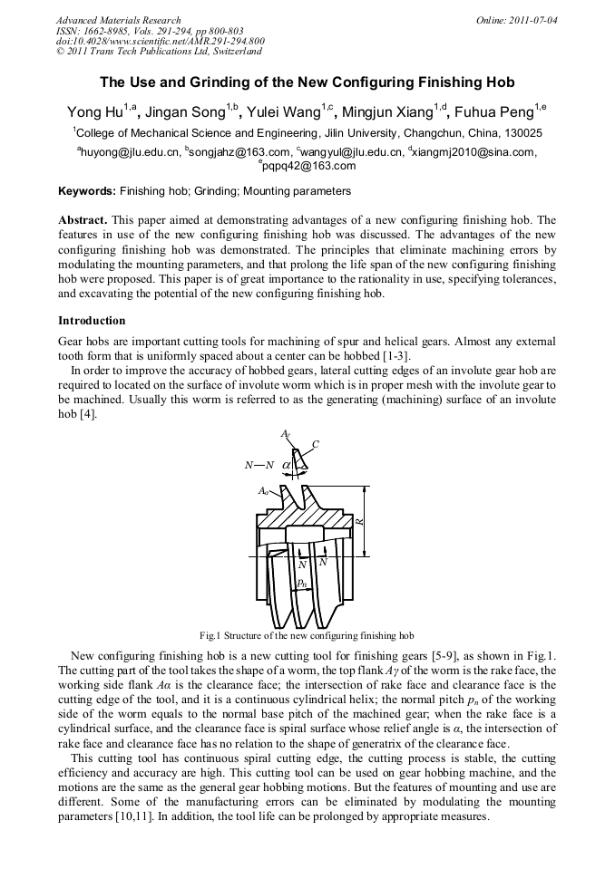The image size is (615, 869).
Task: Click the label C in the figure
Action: [x=315, y=444]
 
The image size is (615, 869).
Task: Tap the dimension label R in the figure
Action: [x=359, y=522]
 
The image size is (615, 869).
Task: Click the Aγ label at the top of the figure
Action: [x=286, y=435]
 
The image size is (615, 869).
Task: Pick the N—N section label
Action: [x=259, y=465]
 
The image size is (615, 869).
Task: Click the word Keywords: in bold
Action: [x=87, y=192]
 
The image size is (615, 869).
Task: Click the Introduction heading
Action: [x=92, y=321]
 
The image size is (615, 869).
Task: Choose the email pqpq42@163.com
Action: [x=307, y=167]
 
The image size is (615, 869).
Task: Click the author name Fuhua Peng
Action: [x=494, y=112]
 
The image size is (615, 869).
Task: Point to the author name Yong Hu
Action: [x=96, y=112]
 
